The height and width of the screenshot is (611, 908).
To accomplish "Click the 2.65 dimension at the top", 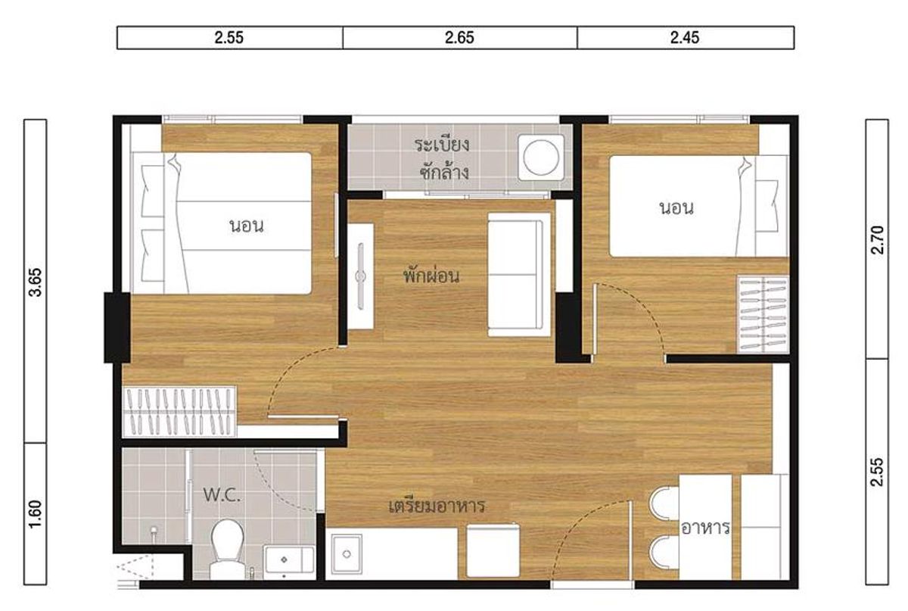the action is point(459,38).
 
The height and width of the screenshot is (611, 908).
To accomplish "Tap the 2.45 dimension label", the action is point(685,38).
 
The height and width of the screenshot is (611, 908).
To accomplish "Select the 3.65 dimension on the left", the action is point(36,282).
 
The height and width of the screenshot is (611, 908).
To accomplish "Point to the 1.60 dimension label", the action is point(36,514).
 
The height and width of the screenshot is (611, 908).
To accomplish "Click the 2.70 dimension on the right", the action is point(877,240).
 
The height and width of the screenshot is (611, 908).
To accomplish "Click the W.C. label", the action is point(222,495).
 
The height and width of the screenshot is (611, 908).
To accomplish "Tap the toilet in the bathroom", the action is point(228,550).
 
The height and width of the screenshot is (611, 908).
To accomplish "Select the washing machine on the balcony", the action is point(541,157).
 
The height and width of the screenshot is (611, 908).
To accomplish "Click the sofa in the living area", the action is point(518,275).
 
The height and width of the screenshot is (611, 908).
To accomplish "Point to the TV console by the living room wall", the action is point(360,276).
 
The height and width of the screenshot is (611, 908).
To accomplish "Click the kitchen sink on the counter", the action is point(347,554).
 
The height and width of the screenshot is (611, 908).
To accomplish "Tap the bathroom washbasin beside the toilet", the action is point(288,563).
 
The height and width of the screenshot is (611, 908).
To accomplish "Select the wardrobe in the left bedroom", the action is point(179,411).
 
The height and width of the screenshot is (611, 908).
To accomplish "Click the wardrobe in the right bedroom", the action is point(763,315).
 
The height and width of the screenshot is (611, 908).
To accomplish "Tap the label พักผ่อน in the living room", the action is point(431,276).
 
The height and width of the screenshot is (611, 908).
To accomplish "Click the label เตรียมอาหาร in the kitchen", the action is point(437,507).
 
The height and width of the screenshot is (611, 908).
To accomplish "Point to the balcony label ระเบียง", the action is point(442,145).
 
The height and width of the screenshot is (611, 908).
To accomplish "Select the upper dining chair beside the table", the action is point(664,503).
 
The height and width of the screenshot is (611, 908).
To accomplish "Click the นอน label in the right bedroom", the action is point(676,208).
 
